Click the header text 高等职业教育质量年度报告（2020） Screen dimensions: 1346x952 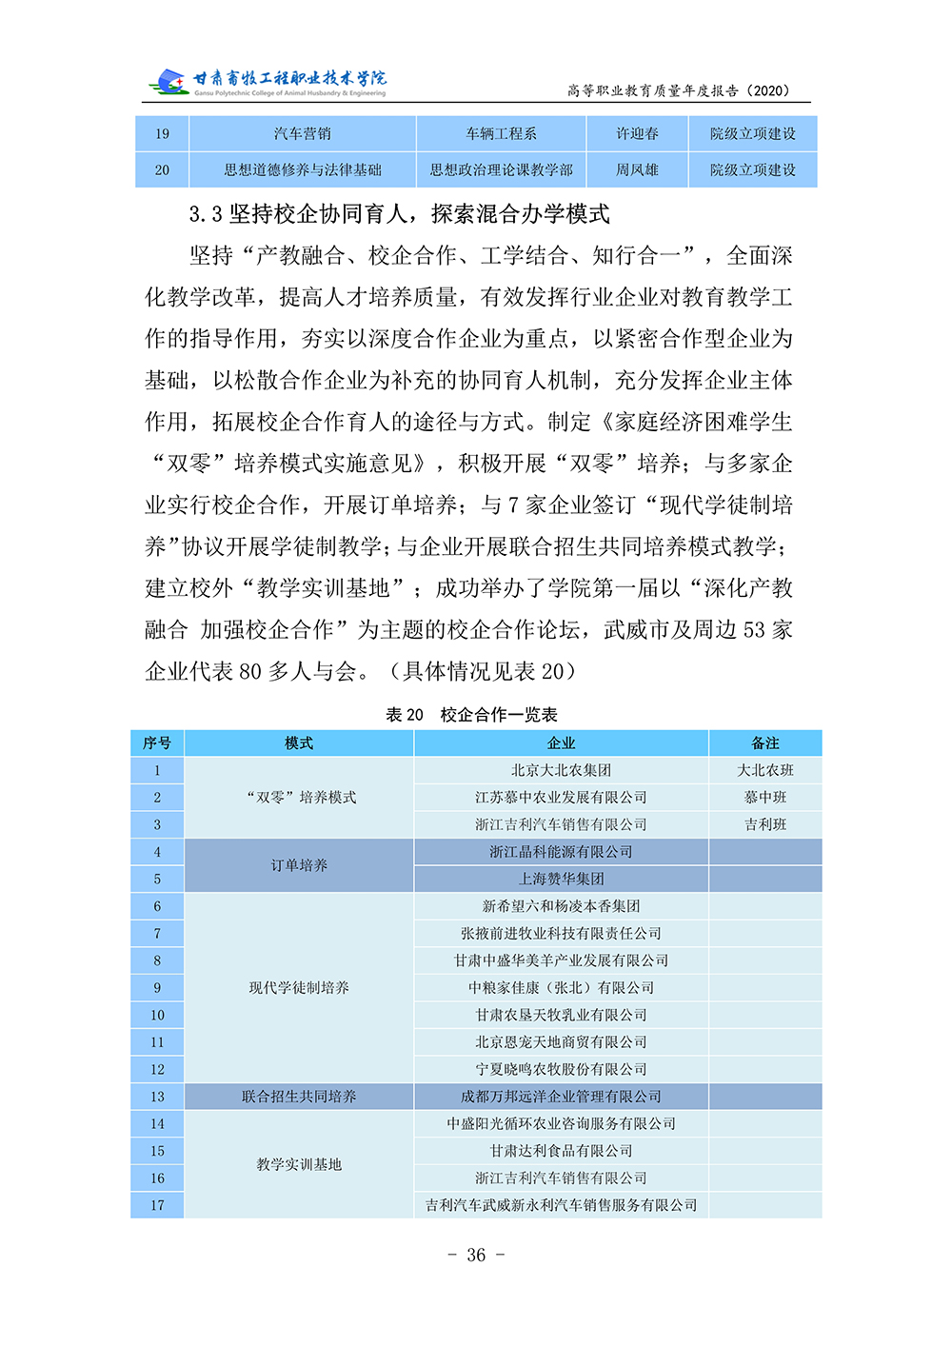(x=678, y=90)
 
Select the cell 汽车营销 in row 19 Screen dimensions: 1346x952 (x=302, y=134)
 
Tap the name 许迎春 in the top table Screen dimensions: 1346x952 (x=637, y=134)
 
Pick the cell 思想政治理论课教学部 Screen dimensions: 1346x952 (x=501, y=170)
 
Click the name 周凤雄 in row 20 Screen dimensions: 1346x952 (x=637, y=170)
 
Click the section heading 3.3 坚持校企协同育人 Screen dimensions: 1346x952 (x=399, y=214)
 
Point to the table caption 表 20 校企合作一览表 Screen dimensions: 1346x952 (x=471, y=715)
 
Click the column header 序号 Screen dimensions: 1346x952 (x=157, y=743)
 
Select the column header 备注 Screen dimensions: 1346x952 (x=764, y=743)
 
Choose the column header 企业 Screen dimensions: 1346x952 (x=561, y=743)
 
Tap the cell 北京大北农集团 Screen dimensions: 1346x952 (x=561, y=770)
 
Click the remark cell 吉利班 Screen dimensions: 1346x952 (x=764, y=824)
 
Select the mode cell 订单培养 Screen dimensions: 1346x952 (x=299, y=865)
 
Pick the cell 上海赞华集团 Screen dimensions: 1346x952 (x=561, y=879)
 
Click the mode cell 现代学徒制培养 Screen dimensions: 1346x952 (x=299, y=988)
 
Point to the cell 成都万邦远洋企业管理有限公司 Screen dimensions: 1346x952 (x=561, y=1097)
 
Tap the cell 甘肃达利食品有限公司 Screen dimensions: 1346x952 (x=561, y=1151)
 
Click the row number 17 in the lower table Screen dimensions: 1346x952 (x=157, y=1205)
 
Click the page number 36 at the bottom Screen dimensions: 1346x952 (x=476, y=1255)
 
